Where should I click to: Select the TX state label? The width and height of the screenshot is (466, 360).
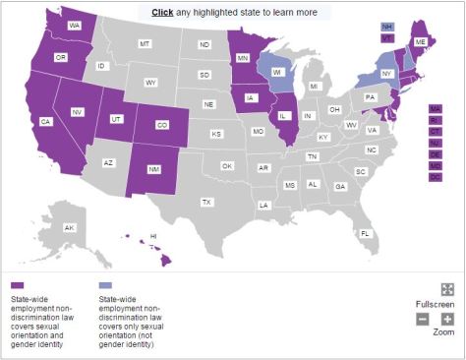coord(206,202)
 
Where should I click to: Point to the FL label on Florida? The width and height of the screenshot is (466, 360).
coord(365,233)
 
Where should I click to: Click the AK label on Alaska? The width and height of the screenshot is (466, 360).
coord(70,227)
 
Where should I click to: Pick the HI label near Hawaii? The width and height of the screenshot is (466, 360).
coord(153,236)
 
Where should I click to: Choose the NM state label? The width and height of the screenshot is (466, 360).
coord(154,169)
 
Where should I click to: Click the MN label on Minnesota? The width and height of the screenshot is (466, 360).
coord(241,57)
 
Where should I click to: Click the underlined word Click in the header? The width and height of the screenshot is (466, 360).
coord(162,13)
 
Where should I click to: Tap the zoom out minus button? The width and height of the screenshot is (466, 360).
coord(423,320)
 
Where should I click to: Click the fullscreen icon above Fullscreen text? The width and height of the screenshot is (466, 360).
coord(447,289)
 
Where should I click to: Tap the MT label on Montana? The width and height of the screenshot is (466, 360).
coord(145,44)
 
